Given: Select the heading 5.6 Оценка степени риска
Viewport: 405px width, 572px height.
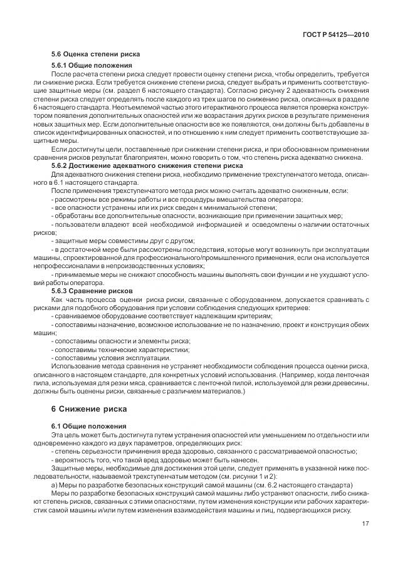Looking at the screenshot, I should [x=95, y=54].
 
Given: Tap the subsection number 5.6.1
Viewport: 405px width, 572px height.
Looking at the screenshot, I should [x=60, y=65].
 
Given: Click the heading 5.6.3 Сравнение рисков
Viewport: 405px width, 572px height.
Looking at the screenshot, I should [x=92, y=291].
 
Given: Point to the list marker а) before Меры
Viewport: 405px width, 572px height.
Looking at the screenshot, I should [x=54, y=486].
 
